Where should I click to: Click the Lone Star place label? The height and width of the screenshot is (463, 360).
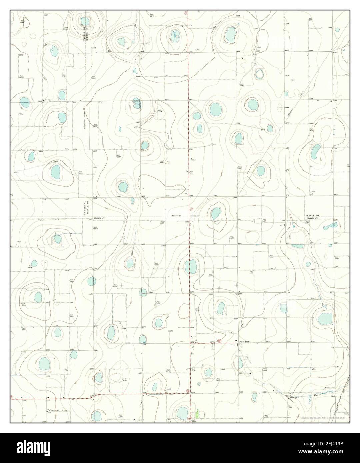coord(244,342)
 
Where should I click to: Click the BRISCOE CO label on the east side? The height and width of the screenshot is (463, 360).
coord(312,216)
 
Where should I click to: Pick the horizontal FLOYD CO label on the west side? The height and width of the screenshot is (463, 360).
coord(99,219)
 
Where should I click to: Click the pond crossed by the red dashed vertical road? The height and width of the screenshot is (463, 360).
coord(191,266)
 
